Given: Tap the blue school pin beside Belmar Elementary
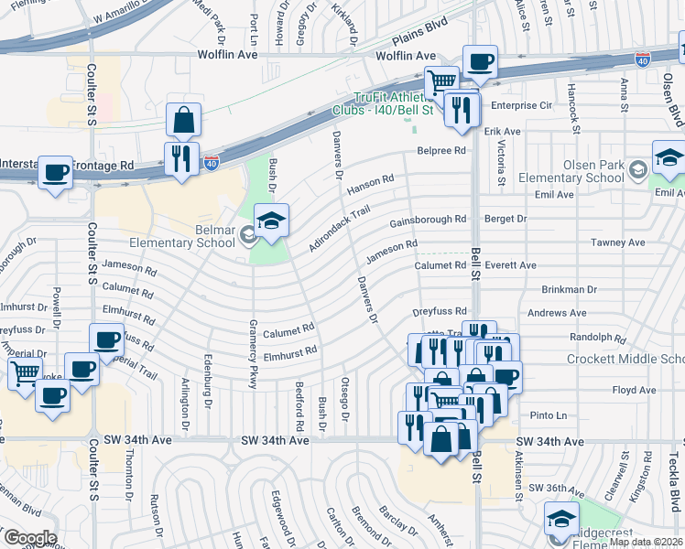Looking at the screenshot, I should (271, 221).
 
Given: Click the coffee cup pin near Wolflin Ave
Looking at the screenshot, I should (480, 63).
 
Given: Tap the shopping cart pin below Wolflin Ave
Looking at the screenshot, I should (442, 83).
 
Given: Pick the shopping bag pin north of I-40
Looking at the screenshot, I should (184, 120).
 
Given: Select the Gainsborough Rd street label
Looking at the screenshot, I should (428, 221).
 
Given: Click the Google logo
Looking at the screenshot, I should (29, 538).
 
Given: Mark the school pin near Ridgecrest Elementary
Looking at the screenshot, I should (561, 520).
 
